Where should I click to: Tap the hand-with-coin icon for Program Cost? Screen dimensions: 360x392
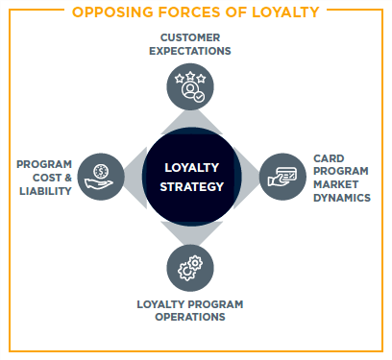[101, 177]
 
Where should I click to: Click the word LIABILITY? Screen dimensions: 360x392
[45, 190]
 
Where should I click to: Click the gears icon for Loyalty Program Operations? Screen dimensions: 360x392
[190, 266]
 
